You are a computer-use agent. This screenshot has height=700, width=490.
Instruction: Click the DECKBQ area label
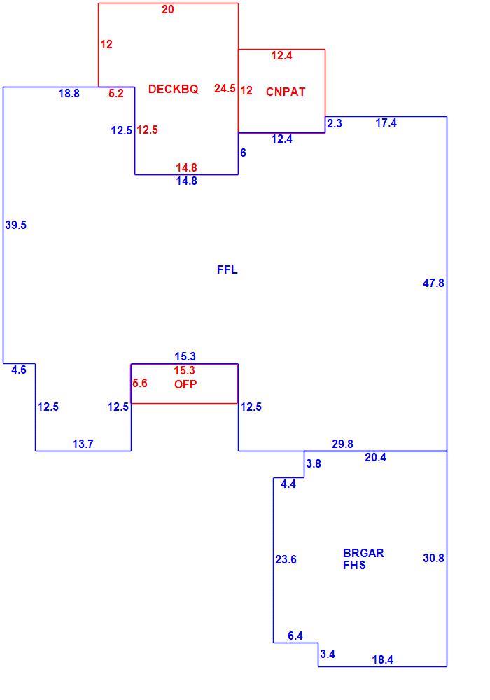point(173,89)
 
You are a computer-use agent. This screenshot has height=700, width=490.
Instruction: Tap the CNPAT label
point(286,92)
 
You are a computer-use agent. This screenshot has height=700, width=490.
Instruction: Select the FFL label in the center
point(227,269)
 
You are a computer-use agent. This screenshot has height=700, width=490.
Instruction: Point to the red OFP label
point(185,384)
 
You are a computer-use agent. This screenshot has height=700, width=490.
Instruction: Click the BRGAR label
point(363,553)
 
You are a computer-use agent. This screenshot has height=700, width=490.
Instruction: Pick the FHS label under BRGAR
point(354,565)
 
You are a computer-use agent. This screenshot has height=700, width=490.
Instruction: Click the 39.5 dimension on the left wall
point(15,225)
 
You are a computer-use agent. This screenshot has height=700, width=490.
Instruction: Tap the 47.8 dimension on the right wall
point(433,283)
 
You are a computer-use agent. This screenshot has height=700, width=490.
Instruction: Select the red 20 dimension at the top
point(168,9)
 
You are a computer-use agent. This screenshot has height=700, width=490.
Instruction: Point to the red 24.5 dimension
point(225,88)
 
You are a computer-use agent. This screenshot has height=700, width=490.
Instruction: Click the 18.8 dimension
point(69,93)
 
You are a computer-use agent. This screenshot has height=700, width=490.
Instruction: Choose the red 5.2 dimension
point(116,93)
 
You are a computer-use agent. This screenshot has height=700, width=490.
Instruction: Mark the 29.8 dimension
point(342,444)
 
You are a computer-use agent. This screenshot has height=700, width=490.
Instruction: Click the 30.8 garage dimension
point(433,558)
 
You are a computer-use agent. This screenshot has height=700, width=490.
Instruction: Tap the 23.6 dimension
point(286,559)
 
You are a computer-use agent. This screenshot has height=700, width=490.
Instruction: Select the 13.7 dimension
point(83,444)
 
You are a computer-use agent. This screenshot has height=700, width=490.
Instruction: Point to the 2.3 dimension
point(335,123)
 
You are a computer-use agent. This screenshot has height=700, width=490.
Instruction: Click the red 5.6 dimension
point(140,383)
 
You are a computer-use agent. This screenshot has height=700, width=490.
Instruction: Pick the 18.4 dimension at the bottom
point(382,660)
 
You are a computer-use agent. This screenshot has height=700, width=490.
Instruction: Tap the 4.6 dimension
point(19,370)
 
